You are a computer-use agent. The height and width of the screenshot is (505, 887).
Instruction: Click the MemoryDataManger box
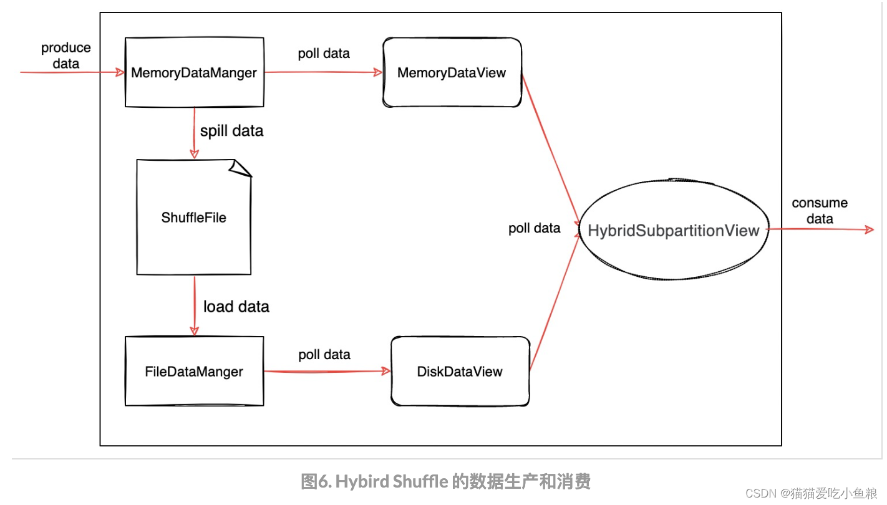(194, 72)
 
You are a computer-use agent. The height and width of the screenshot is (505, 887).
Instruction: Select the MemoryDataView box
(452, 72)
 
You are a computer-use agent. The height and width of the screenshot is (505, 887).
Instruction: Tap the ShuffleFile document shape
(193, 218)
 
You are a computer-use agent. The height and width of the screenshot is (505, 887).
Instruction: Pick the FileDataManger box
(194, 372)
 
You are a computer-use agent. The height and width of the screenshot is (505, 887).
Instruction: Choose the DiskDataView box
(460, 372)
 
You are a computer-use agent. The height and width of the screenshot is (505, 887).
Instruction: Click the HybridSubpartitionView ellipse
(674, 231)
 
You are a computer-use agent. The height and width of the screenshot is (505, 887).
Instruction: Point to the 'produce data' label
(65, 55)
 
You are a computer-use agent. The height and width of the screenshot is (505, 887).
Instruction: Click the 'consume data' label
(820, 211)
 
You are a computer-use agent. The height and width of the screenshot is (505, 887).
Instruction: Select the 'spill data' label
(231, 131)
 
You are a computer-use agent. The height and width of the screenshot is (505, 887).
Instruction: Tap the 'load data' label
(236, 307)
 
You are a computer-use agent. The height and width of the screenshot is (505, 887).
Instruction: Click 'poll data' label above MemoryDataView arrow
(324, 54)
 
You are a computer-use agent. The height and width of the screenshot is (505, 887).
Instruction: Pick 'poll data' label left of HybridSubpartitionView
(535, 228)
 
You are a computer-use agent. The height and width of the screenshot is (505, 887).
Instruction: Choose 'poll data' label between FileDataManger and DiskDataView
(324, 355)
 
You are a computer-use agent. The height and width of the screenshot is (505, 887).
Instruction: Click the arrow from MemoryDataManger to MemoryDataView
(323, 72)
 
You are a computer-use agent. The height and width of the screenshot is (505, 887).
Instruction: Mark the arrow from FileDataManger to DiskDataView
(326, 372)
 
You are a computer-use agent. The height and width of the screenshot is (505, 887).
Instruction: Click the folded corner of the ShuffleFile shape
(241, 167)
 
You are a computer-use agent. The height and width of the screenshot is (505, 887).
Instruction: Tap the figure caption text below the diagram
(445, 481)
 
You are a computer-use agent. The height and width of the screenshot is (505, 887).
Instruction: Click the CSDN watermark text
(811, 493)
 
